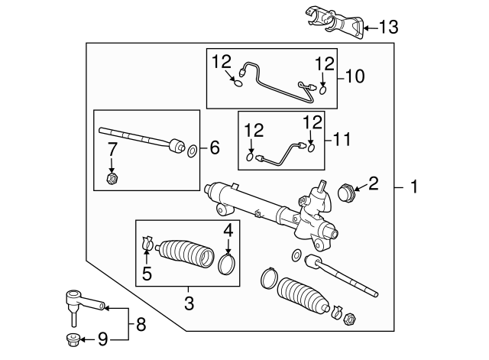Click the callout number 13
pos(388,28)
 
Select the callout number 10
pos(355,76)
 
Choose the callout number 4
pos(227,229)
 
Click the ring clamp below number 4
pos(226,264)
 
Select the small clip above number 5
pos(148,245)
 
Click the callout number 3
pos(188,303)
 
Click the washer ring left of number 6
pos(192,149)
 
